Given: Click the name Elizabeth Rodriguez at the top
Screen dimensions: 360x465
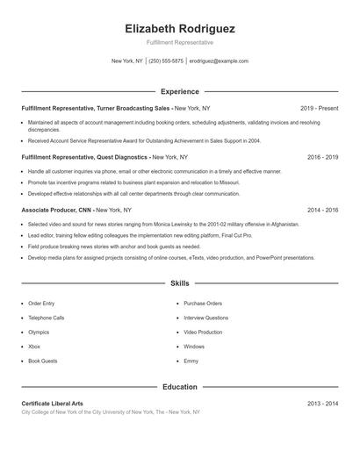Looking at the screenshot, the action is coord(180,28).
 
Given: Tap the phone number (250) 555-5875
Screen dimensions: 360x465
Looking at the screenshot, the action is coord(166,61).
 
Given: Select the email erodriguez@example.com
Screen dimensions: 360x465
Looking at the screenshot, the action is coord(219,61).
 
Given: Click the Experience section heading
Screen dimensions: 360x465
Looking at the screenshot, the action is coord(180,91).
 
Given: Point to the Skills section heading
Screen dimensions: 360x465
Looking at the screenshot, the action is coord(180,283).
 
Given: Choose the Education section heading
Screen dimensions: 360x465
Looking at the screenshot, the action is coord(180,386).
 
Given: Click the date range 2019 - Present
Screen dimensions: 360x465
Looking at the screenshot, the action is coord(319,108).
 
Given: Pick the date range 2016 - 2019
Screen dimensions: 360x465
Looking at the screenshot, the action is coord(322,157).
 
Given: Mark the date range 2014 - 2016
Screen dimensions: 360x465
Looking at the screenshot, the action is coord(322,211).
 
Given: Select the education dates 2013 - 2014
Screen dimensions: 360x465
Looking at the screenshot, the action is coord(322,403).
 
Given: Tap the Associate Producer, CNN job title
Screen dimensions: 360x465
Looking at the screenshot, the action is coord(56,211).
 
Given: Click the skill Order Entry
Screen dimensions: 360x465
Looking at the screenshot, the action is coord(41,303).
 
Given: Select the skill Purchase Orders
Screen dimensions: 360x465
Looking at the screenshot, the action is coord(203,303).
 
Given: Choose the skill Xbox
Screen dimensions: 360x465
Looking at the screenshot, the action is coord(35,347).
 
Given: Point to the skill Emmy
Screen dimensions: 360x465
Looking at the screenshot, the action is coord(191,361).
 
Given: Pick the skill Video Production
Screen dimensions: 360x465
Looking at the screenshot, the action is coord(203,333).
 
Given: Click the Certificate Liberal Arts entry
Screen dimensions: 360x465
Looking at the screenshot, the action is coord(53,403).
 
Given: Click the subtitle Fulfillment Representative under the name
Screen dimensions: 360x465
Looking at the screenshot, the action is coord(180,42).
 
